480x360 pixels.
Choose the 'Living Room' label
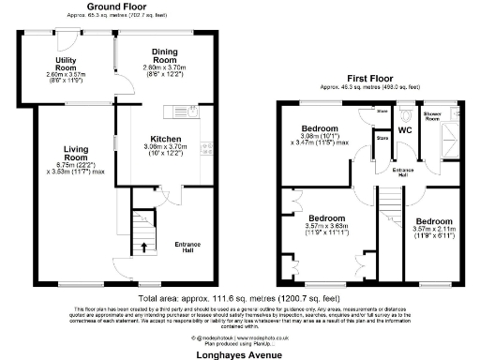(x=78, y=153)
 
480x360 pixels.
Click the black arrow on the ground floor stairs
(x=143, y=247)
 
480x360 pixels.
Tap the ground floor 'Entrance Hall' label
(x=191, y=246)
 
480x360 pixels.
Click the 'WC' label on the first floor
(x=405, y=130)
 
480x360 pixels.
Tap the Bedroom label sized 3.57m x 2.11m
(x=432, y=223)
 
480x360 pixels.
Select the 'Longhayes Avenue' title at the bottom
(x=239, y=354)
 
